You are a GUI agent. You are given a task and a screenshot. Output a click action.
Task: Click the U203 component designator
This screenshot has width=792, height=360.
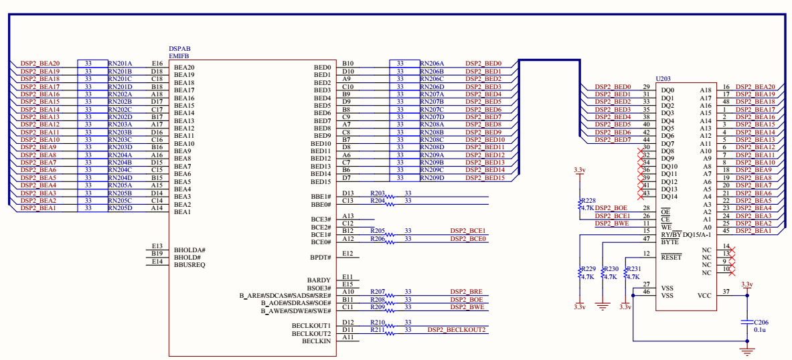tap(663, 78)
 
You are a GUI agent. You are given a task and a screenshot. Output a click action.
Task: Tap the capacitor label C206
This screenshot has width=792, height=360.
tap(762, 322)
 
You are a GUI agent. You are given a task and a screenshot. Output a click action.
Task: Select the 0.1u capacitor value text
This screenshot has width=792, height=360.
tap(761, 330)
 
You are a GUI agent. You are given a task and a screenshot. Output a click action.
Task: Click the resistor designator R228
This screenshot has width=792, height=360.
tap(588, 200)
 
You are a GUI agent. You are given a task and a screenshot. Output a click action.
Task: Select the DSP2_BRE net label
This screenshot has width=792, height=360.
tap(467, 292)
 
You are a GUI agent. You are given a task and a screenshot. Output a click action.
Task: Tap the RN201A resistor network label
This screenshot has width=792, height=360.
tap(121, 64)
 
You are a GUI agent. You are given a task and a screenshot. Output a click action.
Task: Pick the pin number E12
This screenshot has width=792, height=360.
tap(347, 254)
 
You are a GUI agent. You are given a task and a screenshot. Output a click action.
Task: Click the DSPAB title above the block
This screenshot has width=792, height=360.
tap(179, 49)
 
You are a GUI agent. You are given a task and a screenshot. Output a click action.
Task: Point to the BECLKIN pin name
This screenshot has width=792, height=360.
tap(316, 341)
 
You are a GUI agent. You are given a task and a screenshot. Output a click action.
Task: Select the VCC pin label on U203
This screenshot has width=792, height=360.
tap(704, 295)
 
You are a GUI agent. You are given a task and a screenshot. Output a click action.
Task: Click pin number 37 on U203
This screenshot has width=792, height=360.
tap(726, 292)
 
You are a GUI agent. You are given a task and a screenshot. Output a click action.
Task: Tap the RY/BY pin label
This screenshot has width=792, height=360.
tap(670, 234)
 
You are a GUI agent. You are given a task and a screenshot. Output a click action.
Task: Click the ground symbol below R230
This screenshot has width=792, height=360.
tap(603, 306)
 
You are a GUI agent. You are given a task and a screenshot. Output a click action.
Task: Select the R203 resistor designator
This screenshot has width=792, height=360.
tap(378, 193)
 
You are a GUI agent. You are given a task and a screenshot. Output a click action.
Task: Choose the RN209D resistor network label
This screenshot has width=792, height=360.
tap(432, 178)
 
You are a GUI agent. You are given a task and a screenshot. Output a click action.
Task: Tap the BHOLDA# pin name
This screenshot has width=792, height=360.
tap(189, 250)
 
